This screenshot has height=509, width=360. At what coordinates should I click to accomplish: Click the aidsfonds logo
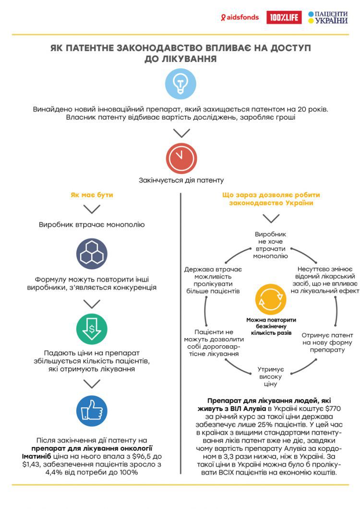(240, 18)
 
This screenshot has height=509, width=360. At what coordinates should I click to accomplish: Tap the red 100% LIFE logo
(284, 17)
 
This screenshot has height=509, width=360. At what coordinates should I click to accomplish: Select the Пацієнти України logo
(328, 17)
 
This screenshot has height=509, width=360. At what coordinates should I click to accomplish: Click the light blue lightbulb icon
(180, 84)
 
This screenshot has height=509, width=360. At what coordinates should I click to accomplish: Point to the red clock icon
(181, 158)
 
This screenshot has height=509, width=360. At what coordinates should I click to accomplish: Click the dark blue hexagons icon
(92, 254)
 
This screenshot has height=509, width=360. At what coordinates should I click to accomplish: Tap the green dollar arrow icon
(92, 329)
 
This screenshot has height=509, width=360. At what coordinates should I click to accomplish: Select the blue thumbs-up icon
(92, 411)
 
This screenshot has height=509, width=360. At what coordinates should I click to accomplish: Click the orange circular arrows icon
(271, 299)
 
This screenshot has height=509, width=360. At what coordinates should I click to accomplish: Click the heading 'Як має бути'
(92, 195)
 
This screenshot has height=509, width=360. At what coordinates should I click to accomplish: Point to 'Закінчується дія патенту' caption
(181, 180)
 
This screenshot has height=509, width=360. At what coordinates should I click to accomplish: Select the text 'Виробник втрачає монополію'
(92, 224)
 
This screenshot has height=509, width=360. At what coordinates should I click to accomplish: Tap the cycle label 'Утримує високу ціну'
(270, 376)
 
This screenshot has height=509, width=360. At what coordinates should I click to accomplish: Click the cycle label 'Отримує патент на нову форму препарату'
(327, 342)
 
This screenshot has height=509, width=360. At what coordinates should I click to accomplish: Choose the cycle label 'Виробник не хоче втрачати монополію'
(270, 245)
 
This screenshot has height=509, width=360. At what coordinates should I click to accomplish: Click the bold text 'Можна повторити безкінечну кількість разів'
(271, 326)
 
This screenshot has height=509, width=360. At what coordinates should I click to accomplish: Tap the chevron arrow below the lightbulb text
(181, 133)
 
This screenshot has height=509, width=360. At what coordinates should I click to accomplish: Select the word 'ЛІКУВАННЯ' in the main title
(181, 59)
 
